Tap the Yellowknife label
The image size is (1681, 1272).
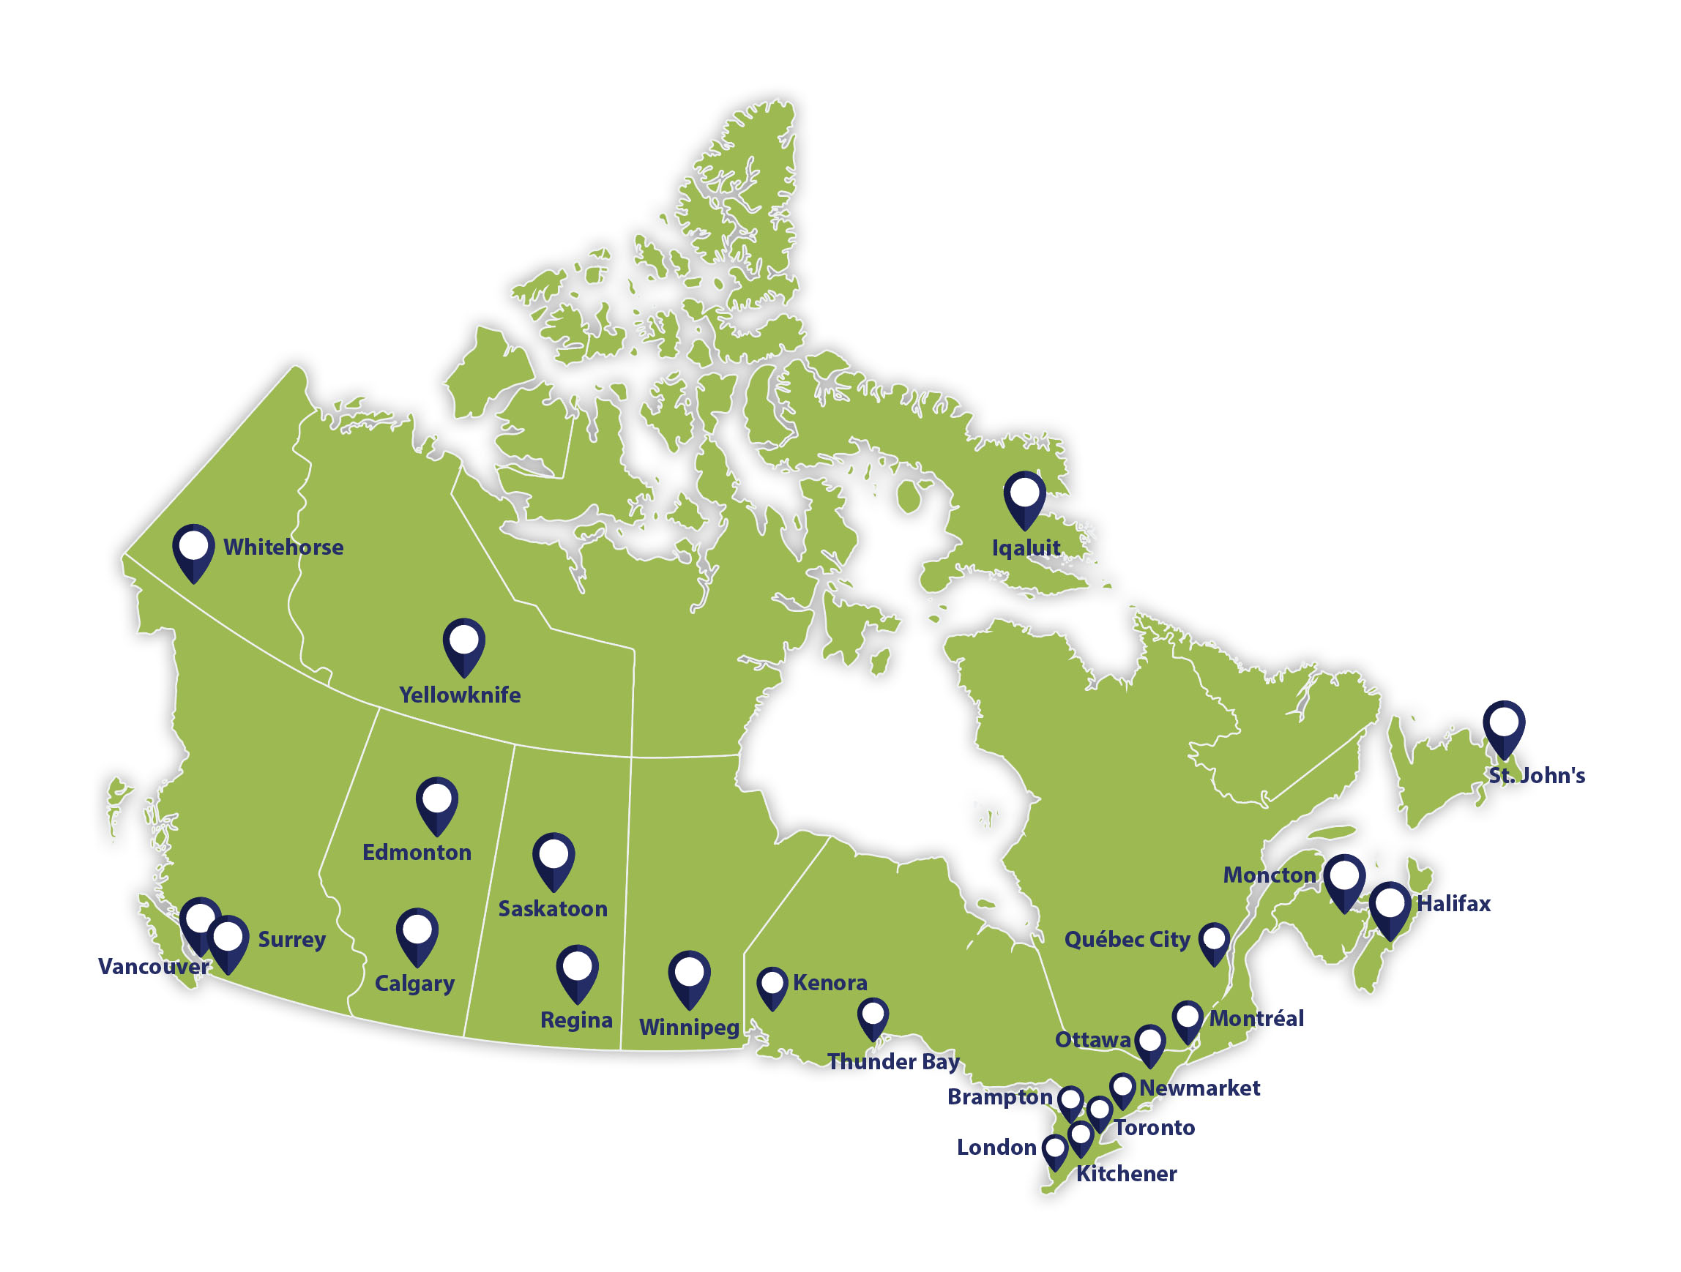[460, 695]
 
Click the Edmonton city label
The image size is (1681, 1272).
[417, 852]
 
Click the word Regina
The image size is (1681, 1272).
[576, 1020]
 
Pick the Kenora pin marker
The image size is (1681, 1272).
[772, 986]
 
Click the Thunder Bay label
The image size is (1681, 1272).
[893, 1061]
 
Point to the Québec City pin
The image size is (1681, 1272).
[1214, 940]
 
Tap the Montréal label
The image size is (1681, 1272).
[1256, 1018]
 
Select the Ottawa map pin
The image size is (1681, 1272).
[1149, 1042]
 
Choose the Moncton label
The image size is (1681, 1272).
[1269, 875]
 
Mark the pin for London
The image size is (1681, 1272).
[1054, 1150]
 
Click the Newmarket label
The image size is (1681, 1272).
[1199, 1088]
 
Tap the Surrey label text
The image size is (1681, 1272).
[292, 940]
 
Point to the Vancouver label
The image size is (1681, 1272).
[153, 967]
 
